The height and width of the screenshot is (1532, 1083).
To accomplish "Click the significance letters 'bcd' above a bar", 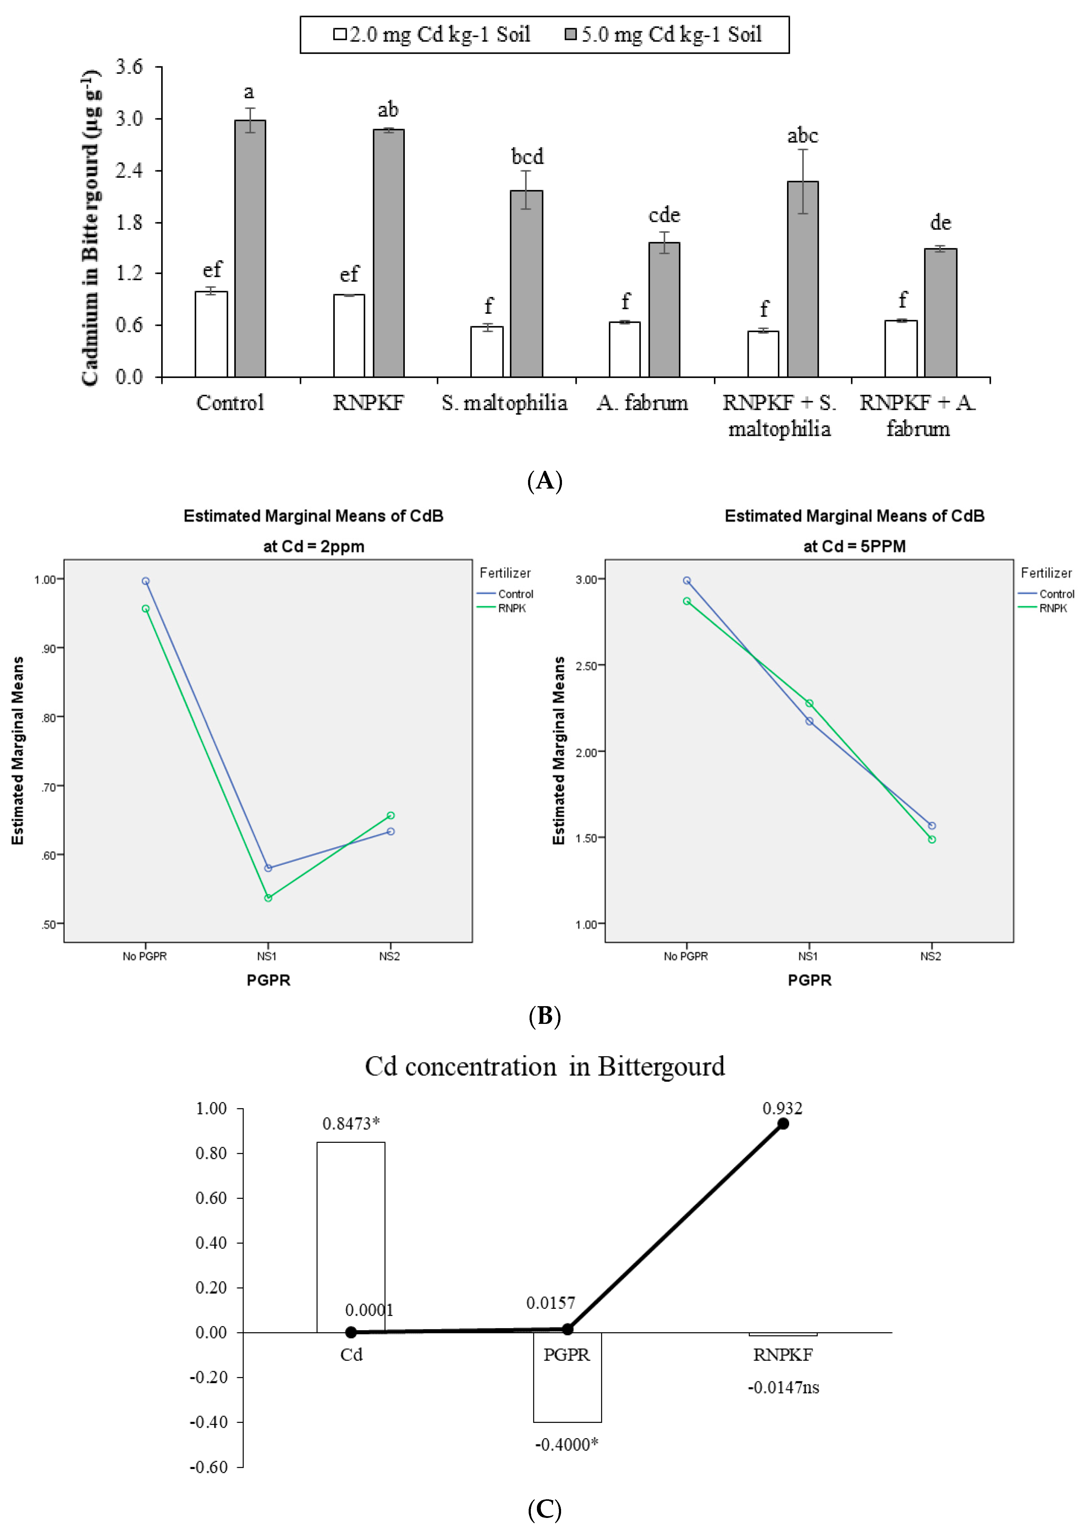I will click(527, 157).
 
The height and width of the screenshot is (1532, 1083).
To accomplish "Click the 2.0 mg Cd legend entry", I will click(432, 35).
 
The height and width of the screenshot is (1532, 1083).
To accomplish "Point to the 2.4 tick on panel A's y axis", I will click(129, 171).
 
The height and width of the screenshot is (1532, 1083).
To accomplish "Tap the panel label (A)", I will click(545, 480).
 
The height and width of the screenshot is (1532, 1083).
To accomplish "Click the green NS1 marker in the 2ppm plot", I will click(268, 898).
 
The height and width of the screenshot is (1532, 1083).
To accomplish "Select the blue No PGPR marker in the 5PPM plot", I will click(687, 581).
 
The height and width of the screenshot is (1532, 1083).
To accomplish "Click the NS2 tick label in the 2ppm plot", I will click(390, 956).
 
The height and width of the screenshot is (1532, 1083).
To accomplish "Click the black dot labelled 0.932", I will click(783, 1124).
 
